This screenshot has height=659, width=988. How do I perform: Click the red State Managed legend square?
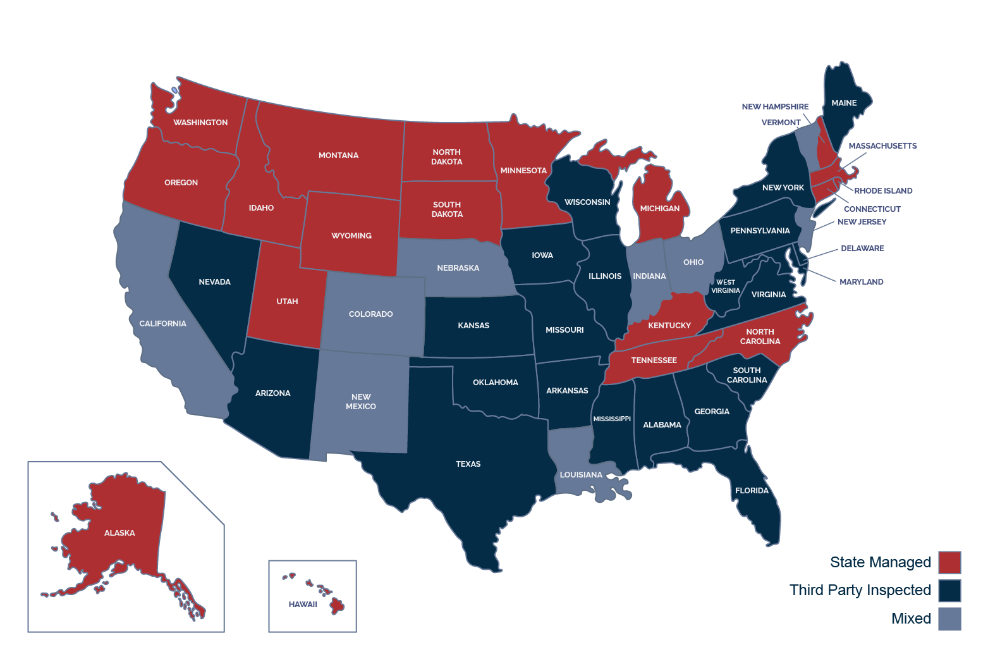(x=949, y=562)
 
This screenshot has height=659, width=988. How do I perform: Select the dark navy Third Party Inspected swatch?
(x=949, y=591)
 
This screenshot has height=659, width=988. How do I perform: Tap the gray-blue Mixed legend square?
(x=949, y=619)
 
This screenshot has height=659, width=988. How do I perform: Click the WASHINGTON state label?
(x=200, y=123)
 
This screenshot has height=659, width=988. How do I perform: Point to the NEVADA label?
(x=214, y=282)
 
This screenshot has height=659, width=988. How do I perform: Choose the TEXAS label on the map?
(x=468, y=464)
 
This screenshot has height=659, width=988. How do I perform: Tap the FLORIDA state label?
(x=752, y=491)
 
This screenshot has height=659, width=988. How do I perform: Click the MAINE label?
(x=844, y=103)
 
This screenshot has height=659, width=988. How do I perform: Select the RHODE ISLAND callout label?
(x=883, y=191)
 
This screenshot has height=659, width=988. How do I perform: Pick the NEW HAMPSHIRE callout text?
(x=775, y=107)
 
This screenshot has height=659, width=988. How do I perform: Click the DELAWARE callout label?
(x=862, y=249)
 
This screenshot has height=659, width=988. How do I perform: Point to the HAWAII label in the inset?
(x=303, y=605)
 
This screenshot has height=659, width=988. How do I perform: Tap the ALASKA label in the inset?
(x=119, y=533)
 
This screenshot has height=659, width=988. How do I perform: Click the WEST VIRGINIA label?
(x=725, y=286)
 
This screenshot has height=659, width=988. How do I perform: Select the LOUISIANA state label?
(x=581, y=475)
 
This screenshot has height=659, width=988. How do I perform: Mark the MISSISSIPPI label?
(x=611, y=419)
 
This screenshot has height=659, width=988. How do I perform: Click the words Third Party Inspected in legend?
(x=860, y=591)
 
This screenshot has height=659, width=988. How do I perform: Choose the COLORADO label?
(x=370, y=314)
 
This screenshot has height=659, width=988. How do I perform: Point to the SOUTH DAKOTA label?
(x=447, y=209)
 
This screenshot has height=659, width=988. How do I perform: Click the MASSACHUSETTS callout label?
(x=882, y=146)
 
